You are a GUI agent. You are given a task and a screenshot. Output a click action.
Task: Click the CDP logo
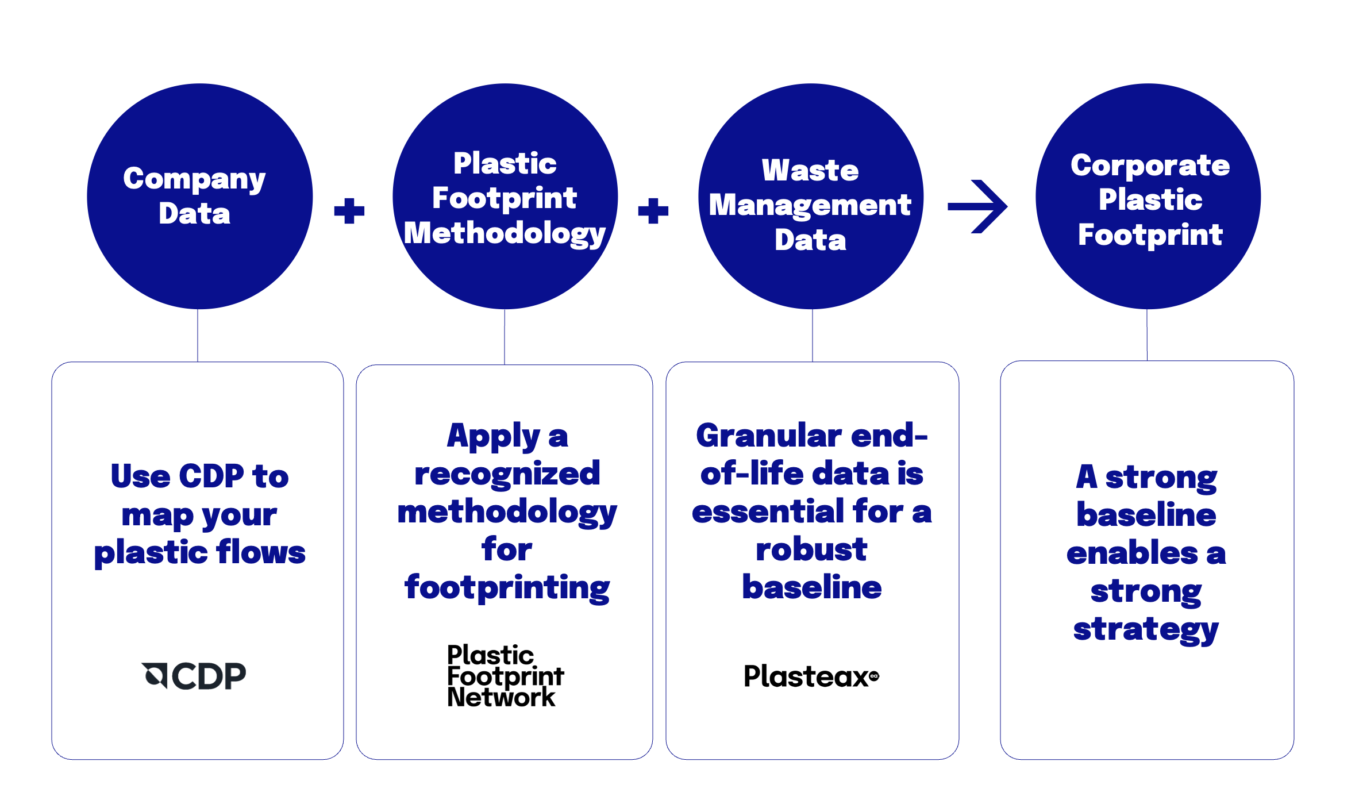(x=194, y=675)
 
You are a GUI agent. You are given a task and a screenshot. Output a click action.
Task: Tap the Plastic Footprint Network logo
(x=506, y=675)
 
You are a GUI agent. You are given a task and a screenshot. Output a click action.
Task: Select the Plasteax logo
(x=811, y=676)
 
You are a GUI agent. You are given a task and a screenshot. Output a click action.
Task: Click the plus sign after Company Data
(x=349, y=211)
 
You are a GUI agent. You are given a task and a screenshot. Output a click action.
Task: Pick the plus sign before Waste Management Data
(x=653, y=211)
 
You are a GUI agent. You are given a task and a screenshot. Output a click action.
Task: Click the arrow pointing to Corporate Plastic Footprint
(x=977, y=206)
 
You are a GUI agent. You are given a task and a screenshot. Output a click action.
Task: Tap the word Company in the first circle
(x=194, y=179)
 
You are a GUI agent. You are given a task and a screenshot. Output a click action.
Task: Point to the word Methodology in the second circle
(x=505, y=234)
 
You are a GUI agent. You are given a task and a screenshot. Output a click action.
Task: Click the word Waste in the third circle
(x=810, y=170)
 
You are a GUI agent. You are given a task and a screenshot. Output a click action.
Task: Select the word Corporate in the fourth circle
(x=1150, y=166)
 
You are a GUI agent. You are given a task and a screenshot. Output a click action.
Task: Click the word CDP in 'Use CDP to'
(x=211, y=476)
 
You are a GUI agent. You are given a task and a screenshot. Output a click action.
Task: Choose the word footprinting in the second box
(x=507, y=588)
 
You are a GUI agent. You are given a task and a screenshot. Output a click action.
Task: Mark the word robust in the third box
(x=811, y=549)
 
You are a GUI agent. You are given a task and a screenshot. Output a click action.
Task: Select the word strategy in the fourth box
(x=1146, y=630)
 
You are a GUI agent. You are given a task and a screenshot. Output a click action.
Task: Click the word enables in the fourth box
(x=1132, y=553)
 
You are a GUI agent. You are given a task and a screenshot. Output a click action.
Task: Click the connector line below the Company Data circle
(x=198, y=336)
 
